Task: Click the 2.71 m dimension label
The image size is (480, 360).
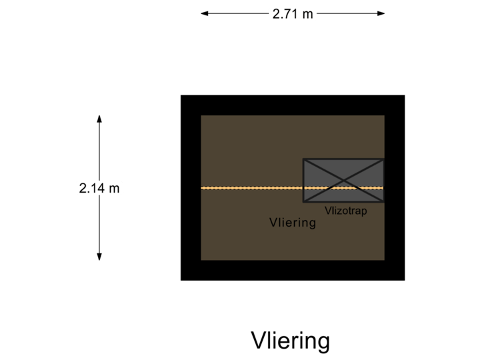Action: pos(293,13)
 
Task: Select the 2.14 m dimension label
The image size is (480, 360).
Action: pos(99,188)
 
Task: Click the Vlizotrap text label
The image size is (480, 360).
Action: pos(345,210)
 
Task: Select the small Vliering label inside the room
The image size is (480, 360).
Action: pos(292,223)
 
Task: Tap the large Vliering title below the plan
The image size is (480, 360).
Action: pos(290,341)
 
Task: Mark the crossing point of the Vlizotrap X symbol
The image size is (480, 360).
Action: pos(343,180)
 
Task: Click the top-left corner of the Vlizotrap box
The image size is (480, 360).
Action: pos(303,159)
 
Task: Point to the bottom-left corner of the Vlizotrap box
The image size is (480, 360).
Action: pos(303,202)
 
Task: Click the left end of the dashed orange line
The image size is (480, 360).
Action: pos(203,188)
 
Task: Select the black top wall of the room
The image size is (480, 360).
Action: pos(292,105)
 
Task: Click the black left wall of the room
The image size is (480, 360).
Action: pos(191,188)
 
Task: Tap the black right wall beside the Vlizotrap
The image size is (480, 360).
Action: pos(395,180)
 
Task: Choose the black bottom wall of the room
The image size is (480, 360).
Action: pos(292,271)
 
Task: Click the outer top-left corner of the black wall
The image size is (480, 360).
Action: pos(181,95)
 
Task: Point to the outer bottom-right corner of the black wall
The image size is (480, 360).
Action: pos(405,280)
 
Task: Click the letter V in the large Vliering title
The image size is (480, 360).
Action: pos(257,341)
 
